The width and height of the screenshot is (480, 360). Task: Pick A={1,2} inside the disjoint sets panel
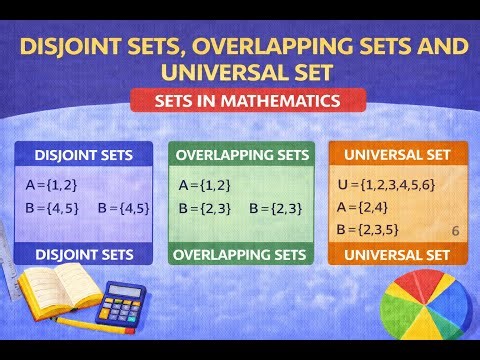pyautogui.click(x=51, y=185)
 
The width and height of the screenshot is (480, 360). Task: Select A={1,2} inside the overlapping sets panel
pyautogui.click(x=204, y=185)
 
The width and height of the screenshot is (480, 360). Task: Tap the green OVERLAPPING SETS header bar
pyautogui.click(x=241, y=155)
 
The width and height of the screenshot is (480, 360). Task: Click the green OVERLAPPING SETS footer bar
pyautogui.click(x=241, y=254)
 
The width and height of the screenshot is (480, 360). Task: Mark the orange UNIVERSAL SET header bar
pyautogui.click(x=398, y=155)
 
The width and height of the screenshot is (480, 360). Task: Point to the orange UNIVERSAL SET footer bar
pyautogui.click(x=398, y=254)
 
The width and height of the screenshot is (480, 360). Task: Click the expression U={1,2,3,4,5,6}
pyautogui.click(x=385, y=185)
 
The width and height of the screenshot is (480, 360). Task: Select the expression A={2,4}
pyautogui.click(x=360, y=207)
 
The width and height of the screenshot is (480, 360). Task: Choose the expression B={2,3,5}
pyautogui.click(x=366, y=229)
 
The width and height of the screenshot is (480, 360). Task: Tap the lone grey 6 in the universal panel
pyautogui.click(x=455, y=230)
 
